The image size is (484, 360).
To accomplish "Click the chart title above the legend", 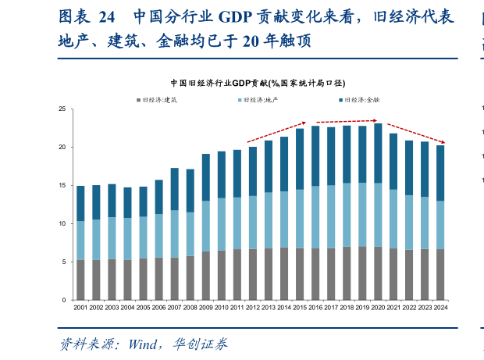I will click(258, 82).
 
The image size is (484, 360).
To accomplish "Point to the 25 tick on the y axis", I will click(66, 109).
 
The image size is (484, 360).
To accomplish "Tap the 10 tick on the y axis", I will click(66, 223).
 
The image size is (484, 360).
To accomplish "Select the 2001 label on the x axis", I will click(80, 308).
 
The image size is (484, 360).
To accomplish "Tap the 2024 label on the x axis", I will click(440, 308).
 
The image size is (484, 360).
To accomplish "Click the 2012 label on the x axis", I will click(252, 308).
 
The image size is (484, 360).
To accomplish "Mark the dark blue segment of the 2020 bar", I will click(378, 153).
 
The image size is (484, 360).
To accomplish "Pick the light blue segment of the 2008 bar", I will click(190, 233).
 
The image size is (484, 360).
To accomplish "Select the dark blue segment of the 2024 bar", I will click(440, 173).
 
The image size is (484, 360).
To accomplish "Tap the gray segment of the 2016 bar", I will click(315, 274).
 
